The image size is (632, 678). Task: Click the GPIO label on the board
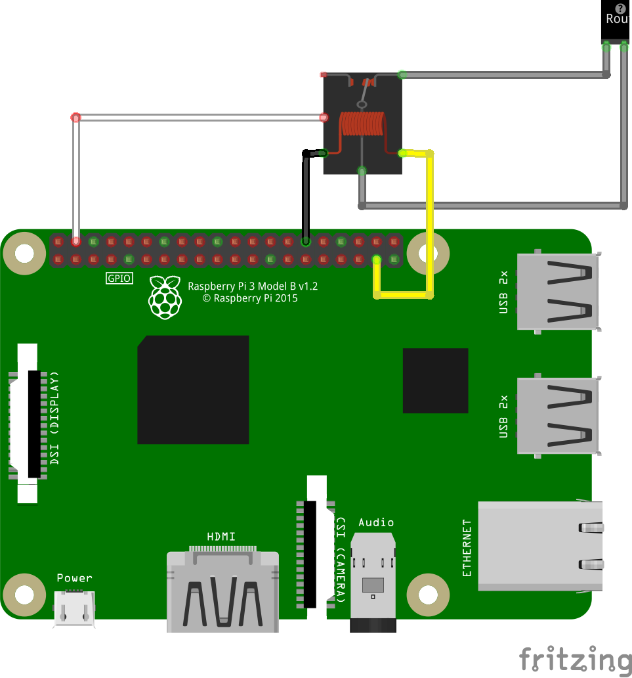(x=119, y=279)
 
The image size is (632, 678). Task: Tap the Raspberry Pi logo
(x=165, y=297)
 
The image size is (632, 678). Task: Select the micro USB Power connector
(x=74, y=608)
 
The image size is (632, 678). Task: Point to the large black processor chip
(x=193, y=390)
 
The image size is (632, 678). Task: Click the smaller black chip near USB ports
(x=435, y=380)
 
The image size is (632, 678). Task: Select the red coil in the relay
(x=362, y=124)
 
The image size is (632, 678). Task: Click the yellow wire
(x=430, y=223)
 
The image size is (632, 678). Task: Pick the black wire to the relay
(x=305, y=197)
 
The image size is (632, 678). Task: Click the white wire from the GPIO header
(x=197, y=118)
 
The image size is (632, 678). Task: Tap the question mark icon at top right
(x=620, y=8)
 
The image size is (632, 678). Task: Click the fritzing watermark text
(x=575, y=658)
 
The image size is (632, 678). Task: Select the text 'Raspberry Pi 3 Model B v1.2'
(x=253, y=286)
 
